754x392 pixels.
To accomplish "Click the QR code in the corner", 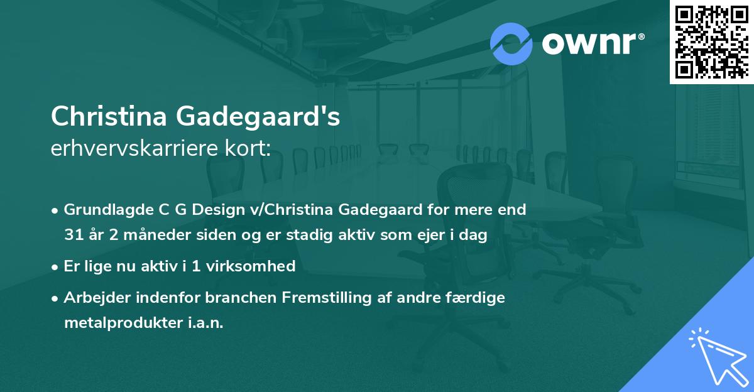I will [711, 42].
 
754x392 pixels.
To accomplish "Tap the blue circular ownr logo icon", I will [511, 43].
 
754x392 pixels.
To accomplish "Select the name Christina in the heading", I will [108, 116].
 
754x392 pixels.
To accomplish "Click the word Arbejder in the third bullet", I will [93, 298].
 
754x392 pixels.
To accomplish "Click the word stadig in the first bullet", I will [307, 234].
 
